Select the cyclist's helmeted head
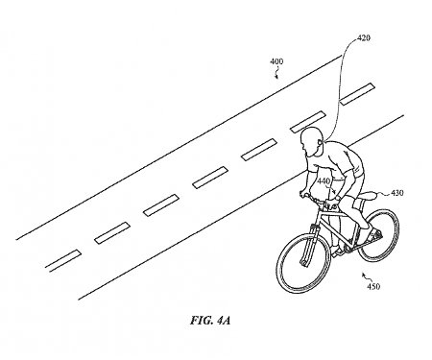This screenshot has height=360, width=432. click(312, 143)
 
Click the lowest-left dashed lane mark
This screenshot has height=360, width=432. click(63, 256)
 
